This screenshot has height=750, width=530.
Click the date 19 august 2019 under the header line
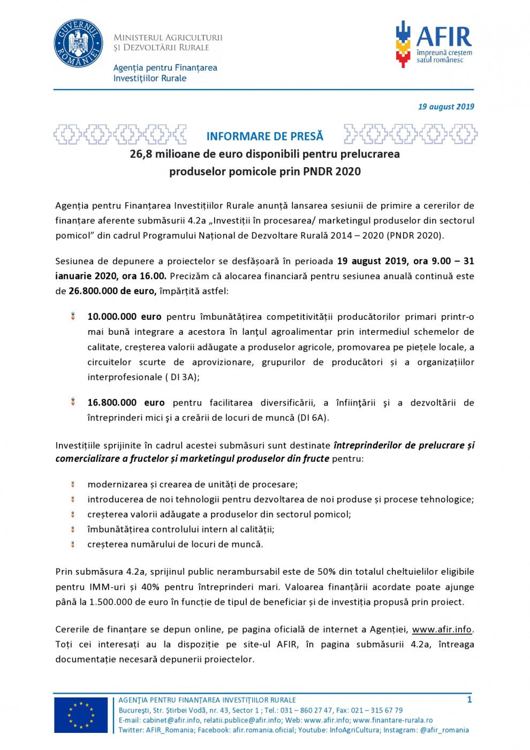click(x=446, y=107)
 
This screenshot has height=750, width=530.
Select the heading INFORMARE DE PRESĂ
click(x=265, y=136)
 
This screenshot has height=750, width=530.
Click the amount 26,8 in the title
click(x=141, y=154)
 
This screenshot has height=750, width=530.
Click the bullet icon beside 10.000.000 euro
click(x=73, y=317)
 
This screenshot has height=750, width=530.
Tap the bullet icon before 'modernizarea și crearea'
click(x=73, y=484)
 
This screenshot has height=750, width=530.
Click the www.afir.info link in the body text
click(x=442, y=629)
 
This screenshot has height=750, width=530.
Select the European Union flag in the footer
click(x=81, y=715)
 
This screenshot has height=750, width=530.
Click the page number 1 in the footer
click(x=470, y=700)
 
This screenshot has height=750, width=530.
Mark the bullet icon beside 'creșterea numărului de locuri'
click(x=73, y=544)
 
